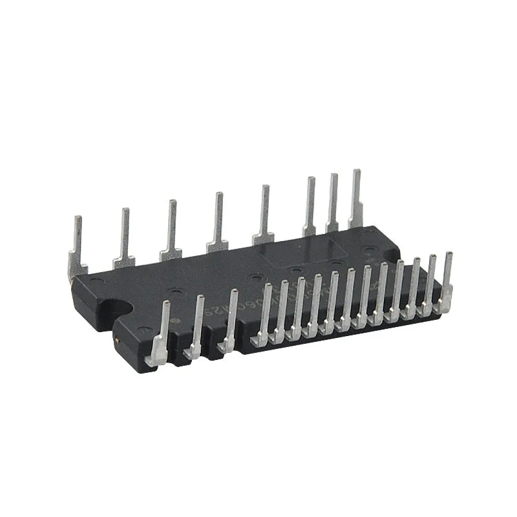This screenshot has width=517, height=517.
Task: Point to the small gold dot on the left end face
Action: tap(116, 339)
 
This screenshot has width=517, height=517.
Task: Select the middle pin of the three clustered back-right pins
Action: tap(333, 200)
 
